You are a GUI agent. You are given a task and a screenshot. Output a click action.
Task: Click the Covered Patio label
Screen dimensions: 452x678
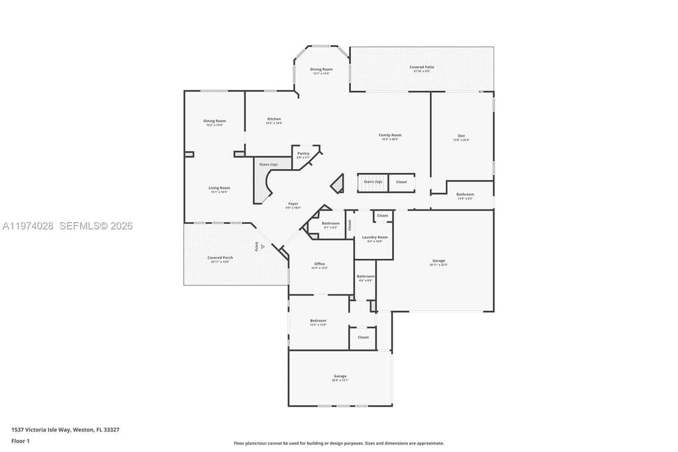click(x=421, y=67)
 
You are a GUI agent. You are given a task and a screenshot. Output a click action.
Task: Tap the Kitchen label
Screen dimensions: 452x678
click(x=274, y=119)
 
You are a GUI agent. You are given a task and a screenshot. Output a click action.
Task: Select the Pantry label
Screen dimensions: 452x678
click(x=303, y=153)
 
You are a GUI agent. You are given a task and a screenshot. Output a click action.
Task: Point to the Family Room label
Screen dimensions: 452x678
click(x=390, y=135)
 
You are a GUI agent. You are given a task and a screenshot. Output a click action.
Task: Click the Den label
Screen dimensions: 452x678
click(x=461, y=136)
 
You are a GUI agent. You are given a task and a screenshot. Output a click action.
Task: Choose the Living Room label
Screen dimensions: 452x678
click(x=219, y=188)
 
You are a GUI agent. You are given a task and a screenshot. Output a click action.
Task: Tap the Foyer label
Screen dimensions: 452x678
click(x=293, y=203)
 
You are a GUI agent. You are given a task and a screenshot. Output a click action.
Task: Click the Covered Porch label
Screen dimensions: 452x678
click(x=220, y=257)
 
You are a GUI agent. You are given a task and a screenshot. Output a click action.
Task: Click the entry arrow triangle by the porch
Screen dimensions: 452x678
click(x=263, y=247)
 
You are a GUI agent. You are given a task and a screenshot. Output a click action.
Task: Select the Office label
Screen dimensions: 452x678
click(x=319, y=264)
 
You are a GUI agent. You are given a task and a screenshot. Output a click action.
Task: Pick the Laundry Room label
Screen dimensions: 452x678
click(x=375, y=237)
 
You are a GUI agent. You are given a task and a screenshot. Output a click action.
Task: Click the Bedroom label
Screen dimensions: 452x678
click(x=318, y=321)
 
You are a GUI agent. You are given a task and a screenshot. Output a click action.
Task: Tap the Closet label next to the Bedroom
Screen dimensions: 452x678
click(x=363, y=337)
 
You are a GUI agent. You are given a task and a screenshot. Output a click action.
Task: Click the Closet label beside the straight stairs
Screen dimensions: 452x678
click(x=401, y=182)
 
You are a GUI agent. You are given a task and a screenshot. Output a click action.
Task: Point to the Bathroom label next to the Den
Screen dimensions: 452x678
click(x=465, y=194)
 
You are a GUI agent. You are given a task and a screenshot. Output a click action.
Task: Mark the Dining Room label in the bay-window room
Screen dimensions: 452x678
click(x=321, y=69)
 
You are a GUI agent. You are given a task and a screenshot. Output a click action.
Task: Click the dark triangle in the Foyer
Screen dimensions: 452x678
click(x=338, y=184)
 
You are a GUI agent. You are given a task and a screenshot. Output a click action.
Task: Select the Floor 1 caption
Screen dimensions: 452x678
click(x=21, y=441)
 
